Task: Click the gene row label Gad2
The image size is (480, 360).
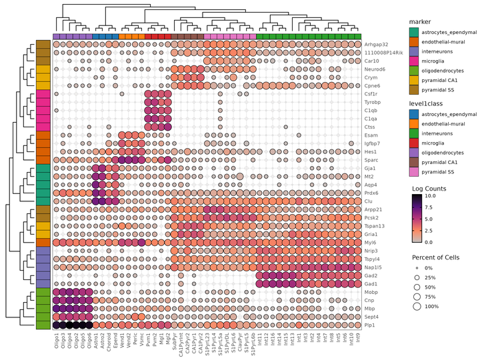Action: [x=371, y=275]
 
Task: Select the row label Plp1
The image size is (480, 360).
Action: [x=371, y=325]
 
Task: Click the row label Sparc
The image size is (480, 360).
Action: [x=371, y=160]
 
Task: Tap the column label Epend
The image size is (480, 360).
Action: [x=116, y=341]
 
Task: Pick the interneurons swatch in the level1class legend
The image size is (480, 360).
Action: [x=415, y=133]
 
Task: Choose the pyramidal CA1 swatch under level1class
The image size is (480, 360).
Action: [x=415, y=162]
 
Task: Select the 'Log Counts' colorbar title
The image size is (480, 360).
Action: [x=431, y=188]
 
